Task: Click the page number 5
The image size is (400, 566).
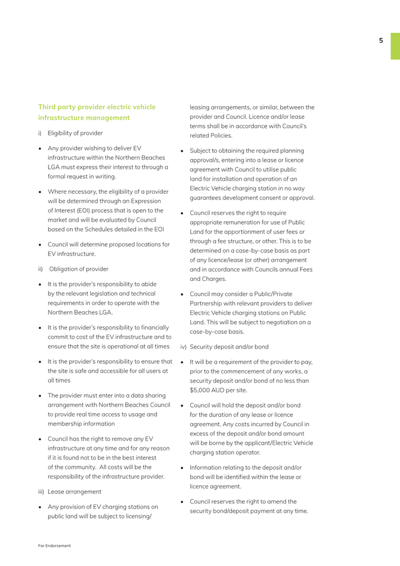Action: (381, 40)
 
